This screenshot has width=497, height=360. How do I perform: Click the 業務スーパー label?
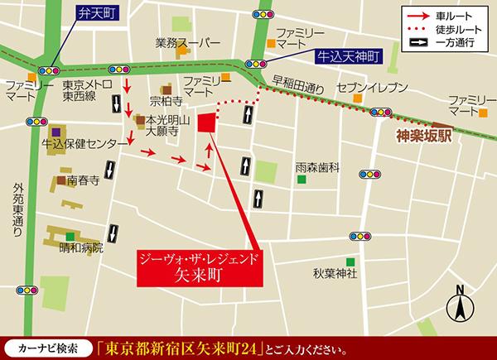click(189, 43)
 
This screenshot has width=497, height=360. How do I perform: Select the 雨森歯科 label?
click(319, 167)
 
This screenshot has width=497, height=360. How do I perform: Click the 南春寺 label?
click(84, 180)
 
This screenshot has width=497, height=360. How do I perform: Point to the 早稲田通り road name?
click(297, 83)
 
